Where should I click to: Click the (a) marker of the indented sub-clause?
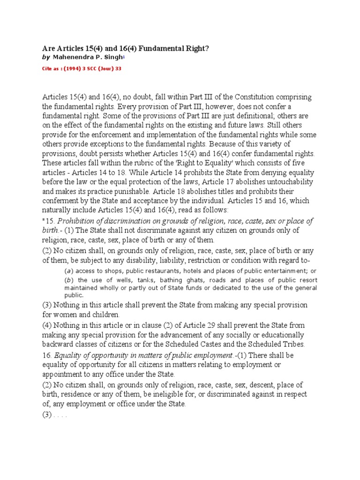tap(68, 271)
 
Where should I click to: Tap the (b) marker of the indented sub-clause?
tap(68, 280)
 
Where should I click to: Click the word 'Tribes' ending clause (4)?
tap(294, 344)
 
